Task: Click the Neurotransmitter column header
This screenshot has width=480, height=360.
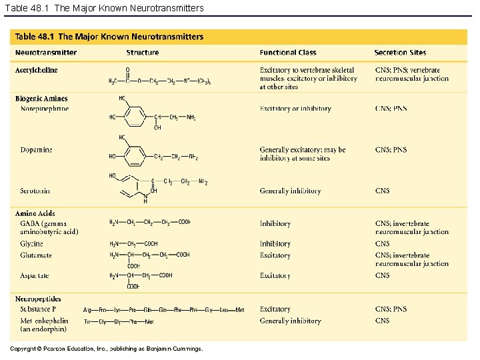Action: click(x=45, y=53)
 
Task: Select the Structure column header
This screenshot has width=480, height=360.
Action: click(x=143, y=53)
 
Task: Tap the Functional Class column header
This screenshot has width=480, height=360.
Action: click(x=288, y=53)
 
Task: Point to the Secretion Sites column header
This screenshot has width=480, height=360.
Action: click(x=400, y=53)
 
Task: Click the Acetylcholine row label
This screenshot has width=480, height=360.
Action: click(x=37, y=70)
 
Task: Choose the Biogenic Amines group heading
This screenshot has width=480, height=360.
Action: click(x=41, y=99)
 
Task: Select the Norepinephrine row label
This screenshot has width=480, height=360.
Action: click(x=45, y=108)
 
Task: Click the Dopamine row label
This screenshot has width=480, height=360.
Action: click(x=36, y=150)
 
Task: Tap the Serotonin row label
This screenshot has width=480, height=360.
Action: click(x=35, y=191)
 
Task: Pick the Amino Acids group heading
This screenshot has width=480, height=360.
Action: click(x=35, y=213)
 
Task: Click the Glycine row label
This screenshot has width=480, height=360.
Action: click(x=31, y=244)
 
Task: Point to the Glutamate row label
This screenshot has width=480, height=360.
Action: click(x=36, y=255)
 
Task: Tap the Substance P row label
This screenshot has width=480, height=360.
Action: click(x=39, y=309)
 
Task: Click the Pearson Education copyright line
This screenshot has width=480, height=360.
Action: click(x=107, y=348)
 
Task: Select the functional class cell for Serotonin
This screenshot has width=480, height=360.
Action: click(x=290, y=191)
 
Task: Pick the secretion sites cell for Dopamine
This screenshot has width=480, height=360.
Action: click(x=391, y=150)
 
